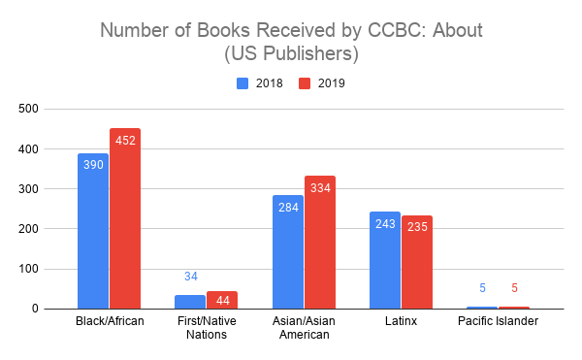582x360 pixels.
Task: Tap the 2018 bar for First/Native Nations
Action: [190, 302]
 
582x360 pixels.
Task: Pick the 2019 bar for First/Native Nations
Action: [222, 300]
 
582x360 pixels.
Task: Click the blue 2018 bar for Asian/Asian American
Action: [288, 252]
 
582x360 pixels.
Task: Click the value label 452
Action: [125, 141]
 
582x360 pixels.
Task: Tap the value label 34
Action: [190, 277]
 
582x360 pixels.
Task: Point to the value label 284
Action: [288, 207]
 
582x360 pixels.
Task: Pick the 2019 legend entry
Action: [322, 83]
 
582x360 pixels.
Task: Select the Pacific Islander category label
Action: [499, 321]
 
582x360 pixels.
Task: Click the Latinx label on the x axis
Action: [401, 321]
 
